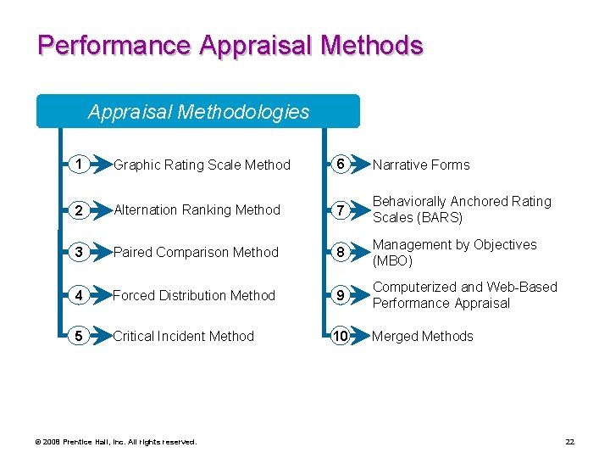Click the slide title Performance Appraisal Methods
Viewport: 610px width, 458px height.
point(230,45)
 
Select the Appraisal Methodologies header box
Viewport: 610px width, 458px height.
point(198,111)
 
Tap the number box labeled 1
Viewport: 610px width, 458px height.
point(78,165)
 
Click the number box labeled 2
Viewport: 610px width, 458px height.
point(78,209)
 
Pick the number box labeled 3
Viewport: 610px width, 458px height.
point(78,252)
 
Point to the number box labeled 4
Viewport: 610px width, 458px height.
point(78,295)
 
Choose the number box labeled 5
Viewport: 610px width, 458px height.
point(78,336)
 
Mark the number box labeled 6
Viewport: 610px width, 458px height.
point(339,165)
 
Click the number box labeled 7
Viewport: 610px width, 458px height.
point(339,209)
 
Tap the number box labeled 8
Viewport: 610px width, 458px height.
point(339,252)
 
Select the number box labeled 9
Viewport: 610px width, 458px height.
point(339,295)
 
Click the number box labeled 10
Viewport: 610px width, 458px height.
point(339,336)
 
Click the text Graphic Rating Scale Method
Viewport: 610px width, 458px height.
point(202,165)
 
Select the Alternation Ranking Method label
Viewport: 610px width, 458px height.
point(197,210)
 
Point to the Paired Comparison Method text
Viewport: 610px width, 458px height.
point(196,253)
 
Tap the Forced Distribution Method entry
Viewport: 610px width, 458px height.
point(194,296)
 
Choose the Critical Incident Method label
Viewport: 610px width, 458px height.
point(183,337)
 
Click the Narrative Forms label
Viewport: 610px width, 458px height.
point(421,165)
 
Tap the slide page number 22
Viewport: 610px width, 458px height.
point(569,442)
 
